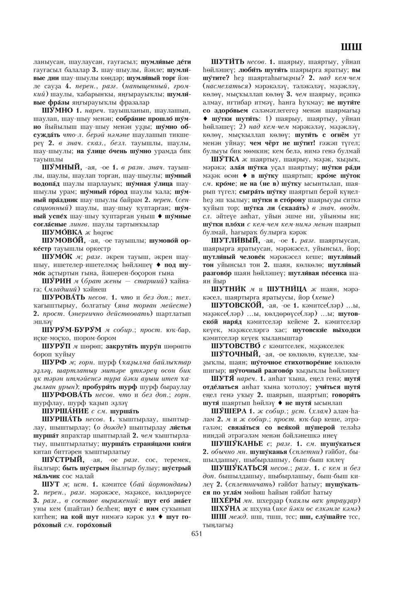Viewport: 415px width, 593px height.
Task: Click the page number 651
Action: (x=196, y=534)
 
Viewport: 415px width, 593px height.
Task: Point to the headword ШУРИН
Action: (x=57, y=281)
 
